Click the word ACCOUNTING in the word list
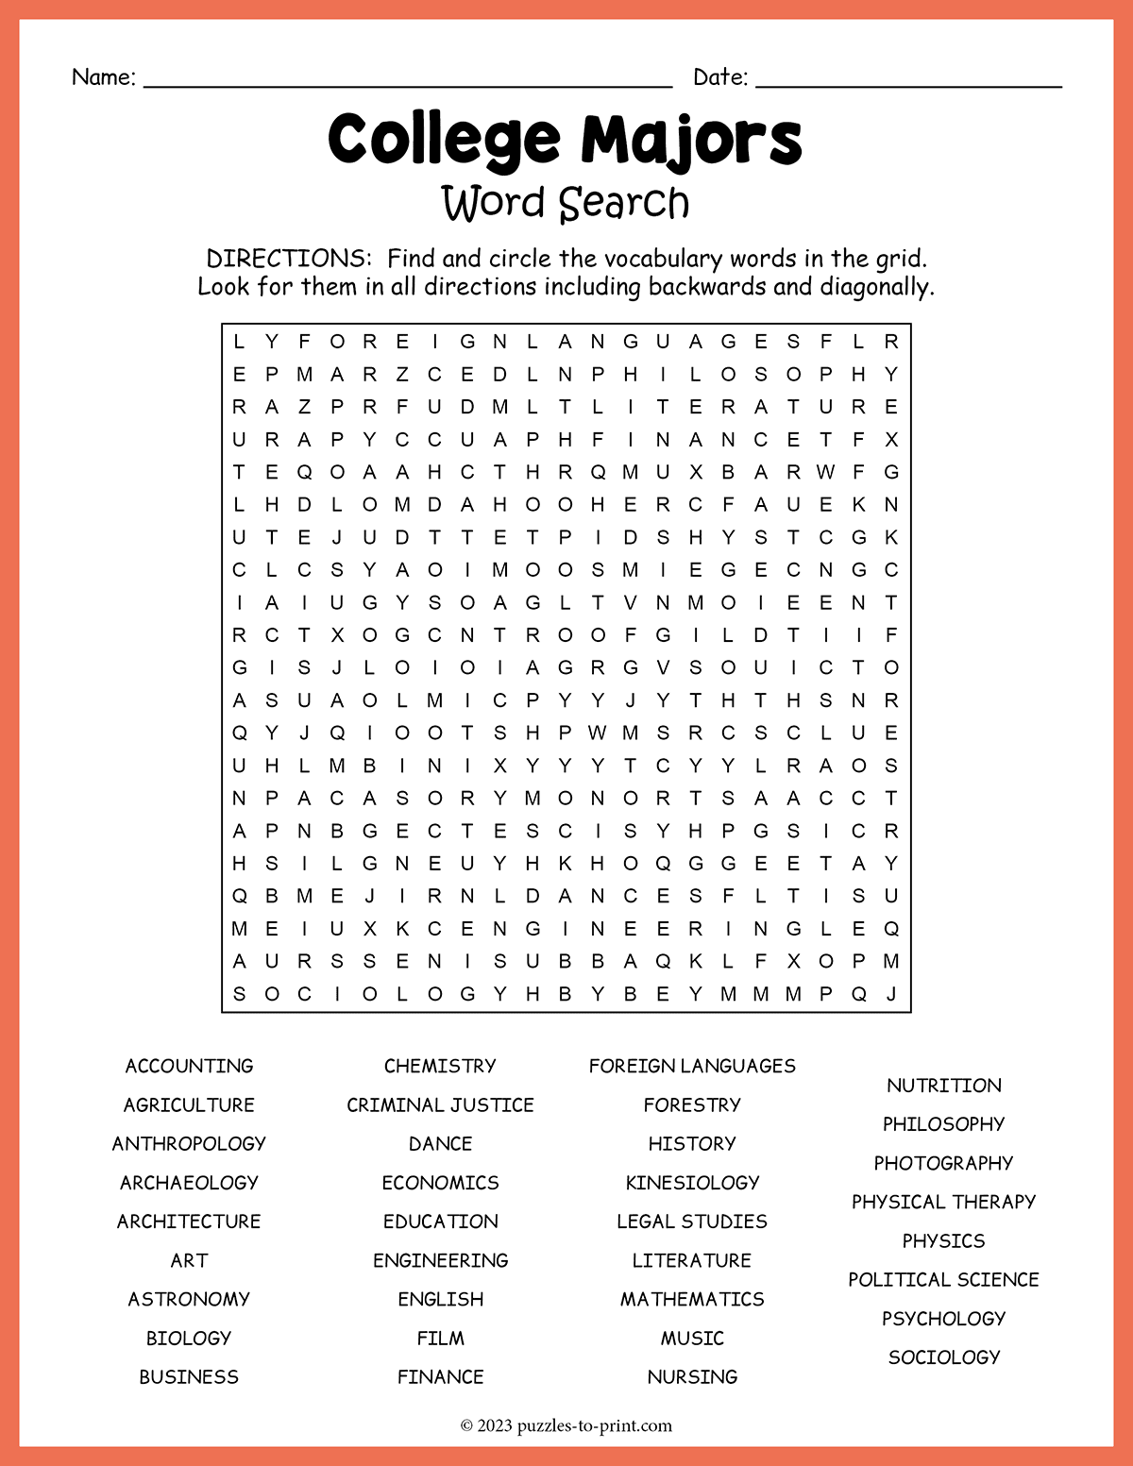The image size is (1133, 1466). tap(189, 1066)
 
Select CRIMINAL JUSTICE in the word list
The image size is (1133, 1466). tap(440, 1104)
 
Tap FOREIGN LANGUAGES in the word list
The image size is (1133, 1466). tap(692, 1066)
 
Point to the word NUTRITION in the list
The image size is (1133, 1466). tap(944, 1086)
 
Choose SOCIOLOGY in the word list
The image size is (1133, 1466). tap(944, 1356)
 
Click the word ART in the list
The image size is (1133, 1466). tap(189, 1260)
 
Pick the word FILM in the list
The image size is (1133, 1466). tap(440, 1338)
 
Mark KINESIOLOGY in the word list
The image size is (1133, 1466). tap(692, 1182)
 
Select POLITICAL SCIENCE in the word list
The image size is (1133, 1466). tap(944, 1279)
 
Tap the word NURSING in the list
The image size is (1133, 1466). tap(692, 1376)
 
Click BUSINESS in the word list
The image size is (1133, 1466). tap(189, 1376)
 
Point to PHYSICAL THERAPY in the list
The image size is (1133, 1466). tap(944, 1202)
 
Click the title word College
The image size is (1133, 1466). tap(444, 140)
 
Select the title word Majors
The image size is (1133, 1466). tap(691, 140)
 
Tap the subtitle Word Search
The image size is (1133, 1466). tap(566, 203)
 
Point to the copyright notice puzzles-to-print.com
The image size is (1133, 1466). tap(594, 1425)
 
